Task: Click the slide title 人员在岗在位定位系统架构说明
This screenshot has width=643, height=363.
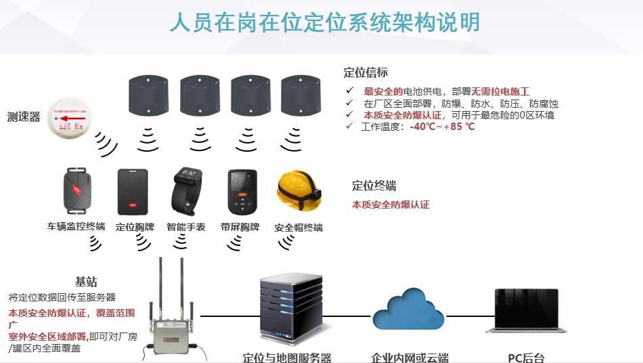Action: coord(324,22)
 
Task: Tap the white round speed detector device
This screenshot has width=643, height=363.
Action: coord(70,121)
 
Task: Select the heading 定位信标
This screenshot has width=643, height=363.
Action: coord(365,72)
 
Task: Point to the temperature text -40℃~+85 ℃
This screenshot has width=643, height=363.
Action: coord(442,127)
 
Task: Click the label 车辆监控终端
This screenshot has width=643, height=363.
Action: coord(76,226)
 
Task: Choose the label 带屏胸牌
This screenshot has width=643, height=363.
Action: coord(240,227)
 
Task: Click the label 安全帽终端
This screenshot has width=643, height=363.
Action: coord(298,228)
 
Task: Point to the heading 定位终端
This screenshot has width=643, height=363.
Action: coord(374,186)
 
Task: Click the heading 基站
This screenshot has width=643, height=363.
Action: coord(86,282)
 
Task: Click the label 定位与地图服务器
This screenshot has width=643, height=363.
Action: coord(287,358)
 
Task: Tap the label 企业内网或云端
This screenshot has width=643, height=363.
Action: coord(409,358)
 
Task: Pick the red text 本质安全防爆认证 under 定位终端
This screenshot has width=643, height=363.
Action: coord(391,205)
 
